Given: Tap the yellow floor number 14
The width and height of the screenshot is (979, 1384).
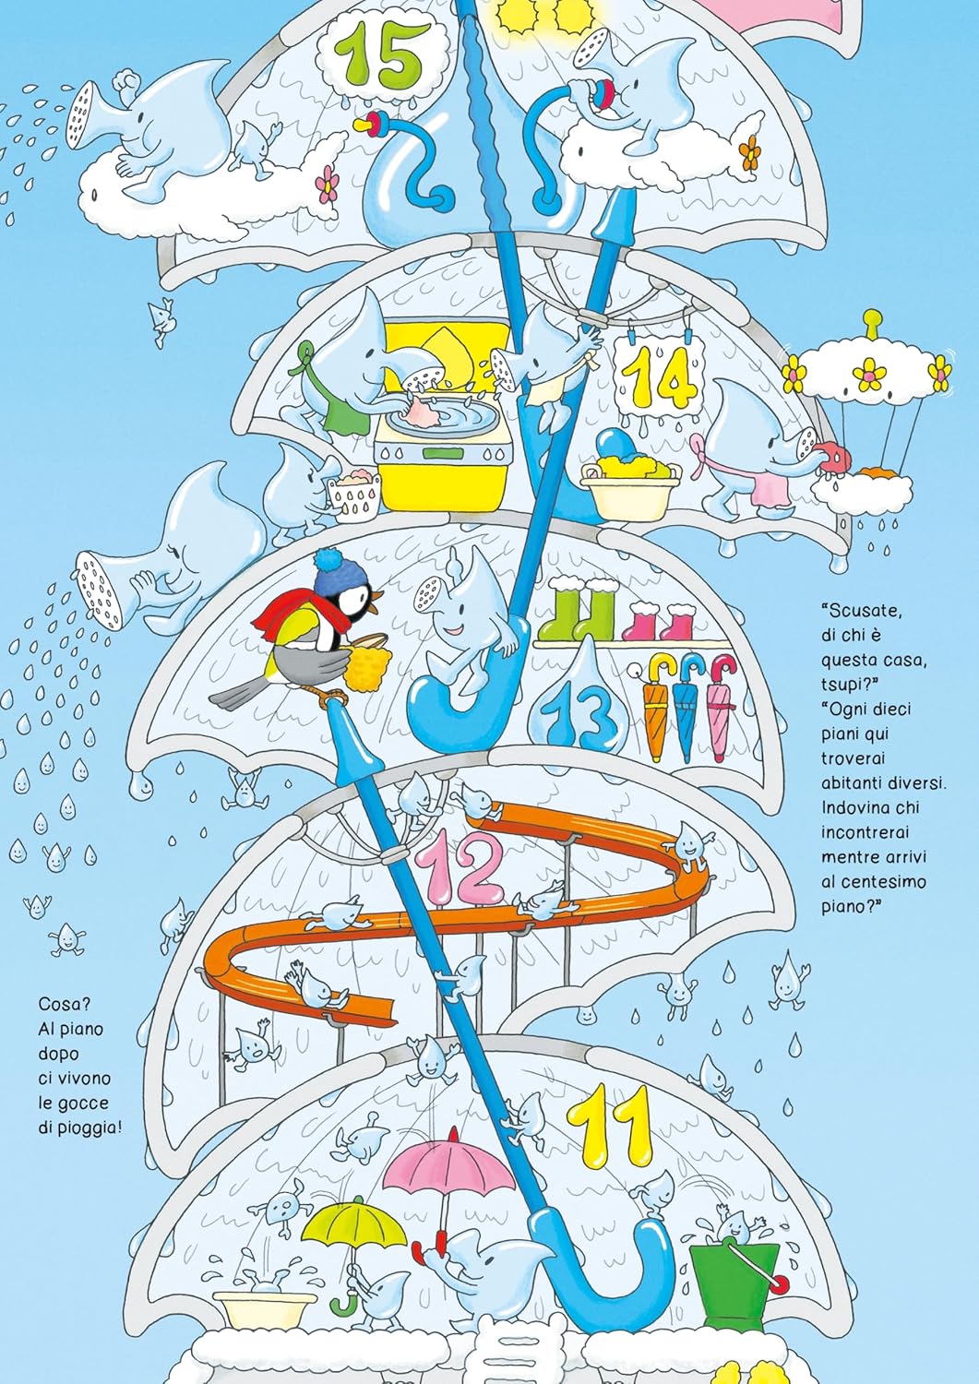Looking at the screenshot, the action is click(x=660, y=376).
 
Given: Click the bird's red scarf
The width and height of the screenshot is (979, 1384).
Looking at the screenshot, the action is click(x=291, y=617).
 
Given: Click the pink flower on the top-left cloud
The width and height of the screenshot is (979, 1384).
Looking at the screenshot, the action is click(x=327, y=184).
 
